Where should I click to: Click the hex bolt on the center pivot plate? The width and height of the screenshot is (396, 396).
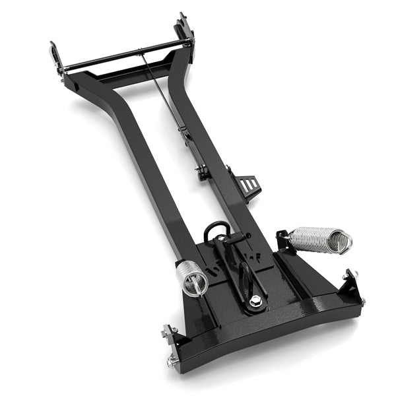click(x=255, y=302)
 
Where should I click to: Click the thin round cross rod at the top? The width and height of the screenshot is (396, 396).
click(x=125, y=56)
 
